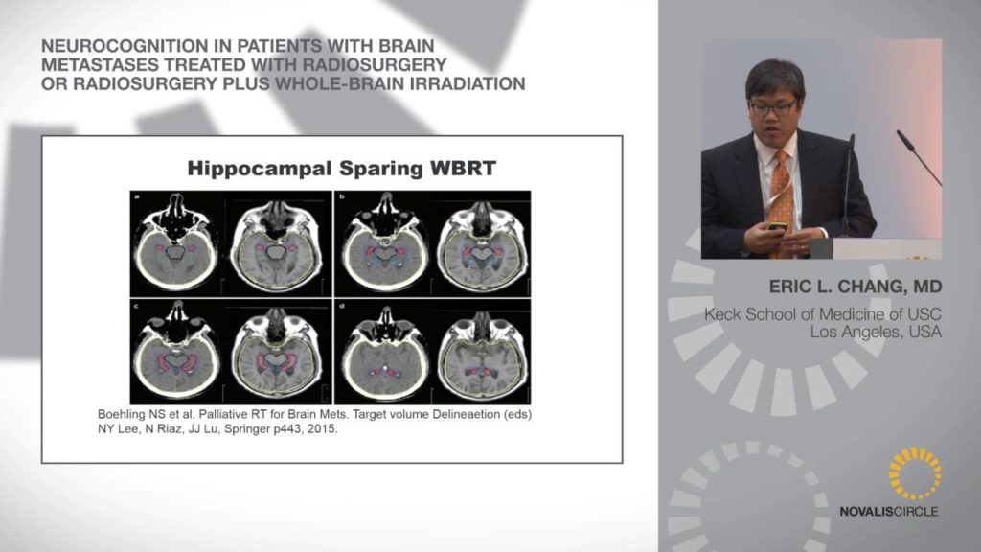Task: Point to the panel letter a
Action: [136, 197]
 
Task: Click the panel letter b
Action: [342, 197]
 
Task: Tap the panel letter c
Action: [136, 306]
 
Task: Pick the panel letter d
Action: [342, 306]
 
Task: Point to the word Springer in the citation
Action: [246, 430]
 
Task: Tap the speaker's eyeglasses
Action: [773, 107]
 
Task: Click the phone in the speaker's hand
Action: [777, 225]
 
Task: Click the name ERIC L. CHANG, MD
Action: [856, 287]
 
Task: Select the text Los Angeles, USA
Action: [876, 332]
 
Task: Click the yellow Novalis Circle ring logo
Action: [914, 473]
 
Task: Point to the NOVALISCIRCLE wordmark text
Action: [888, 512]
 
